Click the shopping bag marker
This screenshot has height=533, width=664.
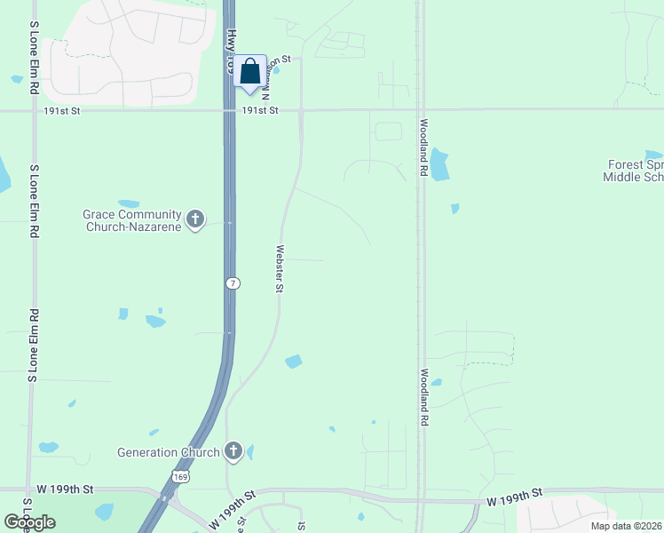250,71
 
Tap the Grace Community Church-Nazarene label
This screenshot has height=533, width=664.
132,220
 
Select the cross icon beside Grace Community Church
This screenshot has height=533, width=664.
196,218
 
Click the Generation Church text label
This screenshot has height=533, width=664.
169,452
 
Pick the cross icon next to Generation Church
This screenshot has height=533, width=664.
233,450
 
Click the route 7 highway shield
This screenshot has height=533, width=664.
232,283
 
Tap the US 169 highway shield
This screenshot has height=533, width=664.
181,476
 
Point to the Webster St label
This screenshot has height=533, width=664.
280,268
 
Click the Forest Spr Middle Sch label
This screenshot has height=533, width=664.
633,171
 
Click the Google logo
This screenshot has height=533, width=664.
29,522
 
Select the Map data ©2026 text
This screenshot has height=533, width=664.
626,526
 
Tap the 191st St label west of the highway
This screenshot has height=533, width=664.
61,111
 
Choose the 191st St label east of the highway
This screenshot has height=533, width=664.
261,111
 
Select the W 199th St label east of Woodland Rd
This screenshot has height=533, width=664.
514,498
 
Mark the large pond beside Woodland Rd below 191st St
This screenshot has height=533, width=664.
439,165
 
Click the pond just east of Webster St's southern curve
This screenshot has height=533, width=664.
293,362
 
